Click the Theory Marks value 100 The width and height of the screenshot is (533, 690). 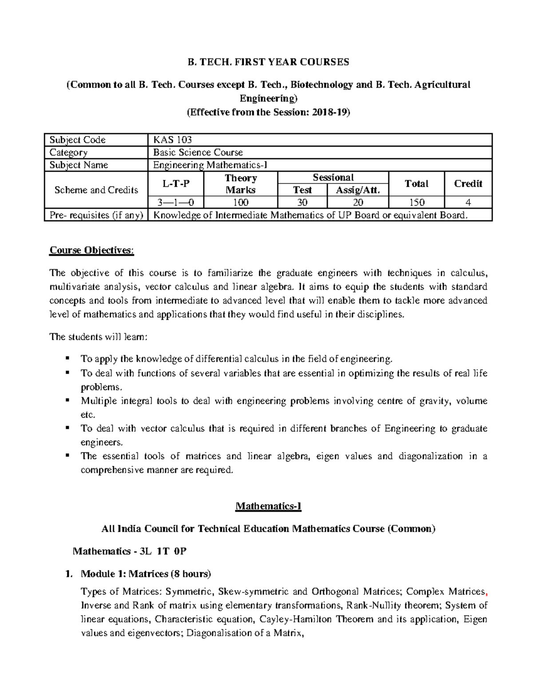pos(240,203)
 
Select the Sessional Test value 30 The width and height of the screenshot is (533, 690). pos(302,203)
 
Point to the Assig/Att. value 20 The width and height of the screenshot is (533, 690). pos(358,203)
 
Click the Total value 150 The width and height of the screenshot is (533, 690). pos(416,203)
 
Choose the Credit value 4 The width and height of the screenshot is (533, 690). pos(468,203)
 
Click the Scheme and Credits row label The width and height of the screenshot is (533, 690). pos(96,190)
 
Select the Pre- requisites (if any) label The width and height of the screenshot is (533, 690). pos(96,215)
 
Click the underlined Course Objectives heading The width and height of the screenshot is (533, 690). pos(91,250)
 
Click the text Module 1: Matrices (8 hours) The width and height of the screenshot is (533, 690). pos(146,574)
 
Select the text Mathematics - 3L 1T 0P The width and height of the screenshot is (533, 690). pos(129,551)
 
